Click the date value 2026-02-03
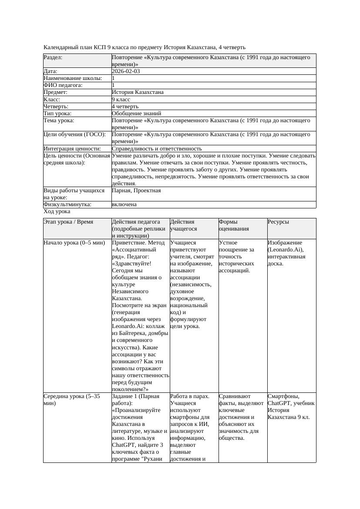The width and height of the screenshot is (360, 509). click(x=126, y=71)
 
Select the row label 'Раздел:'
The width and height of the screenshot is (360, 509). click(x=53, y=57)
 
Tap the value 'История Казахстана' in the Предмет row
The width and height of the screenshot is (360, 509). click(x=138, y=92)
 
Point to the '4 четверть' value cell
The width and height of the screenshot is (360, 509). click(x=125, y=106)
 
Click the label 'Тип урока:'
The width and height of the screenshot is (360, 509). click(x=57, y=113)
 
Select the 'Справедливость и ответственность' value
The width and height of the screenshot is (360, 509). click(x=157, y=148)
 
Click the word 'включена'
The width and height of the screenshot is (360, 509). click(x=124, y=204)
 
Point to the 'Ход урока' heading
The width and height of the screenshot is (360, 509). click(x=57, y=211)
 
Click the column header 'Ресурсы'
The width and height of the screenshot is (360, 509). click(x=278, y=222)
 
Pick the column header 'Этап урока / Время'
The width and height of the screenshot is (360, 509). click(x=68, y=222)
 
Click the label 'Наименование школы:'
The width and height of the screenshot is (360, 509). click(x=73, y=78)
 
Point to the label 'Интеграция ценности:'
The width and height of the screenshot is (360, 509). click(x=72, y=148)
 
